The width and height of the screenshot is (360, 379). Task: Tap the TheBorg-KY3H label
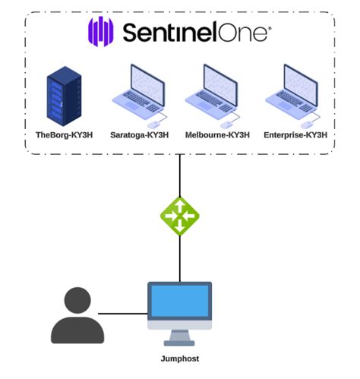coord(65,135)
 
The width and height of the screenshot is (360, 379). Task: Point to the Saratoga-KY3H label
coord(139,135)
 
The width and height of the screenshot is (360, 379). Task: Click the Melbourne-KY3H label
coord(217,135)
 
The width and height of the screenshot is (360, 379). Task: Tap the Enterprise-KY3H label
coord(296,135)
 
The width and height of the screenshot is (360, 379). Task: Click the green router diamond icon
coord(179,216)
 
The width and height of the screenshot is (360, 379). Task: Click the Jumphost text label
coord(180,358)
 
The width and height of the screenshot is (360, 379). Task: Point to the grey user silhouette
coord(77,315)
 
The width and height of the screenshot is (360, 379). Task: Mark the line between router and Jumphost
coord(179,258)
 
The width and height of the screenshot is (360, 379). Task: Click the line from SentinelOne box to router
coord(179,175)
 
